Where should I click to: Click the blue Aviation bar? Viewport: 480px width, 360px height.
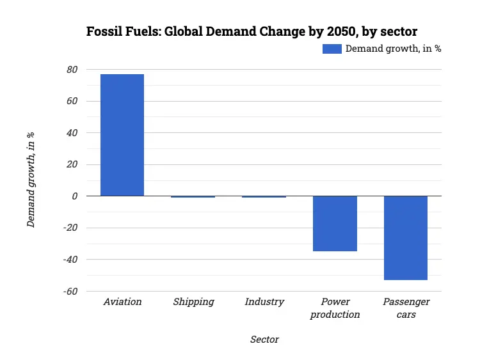[x=122, y=135]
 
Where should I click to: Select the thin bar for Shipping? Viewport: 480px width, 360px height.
[x=193, y=197]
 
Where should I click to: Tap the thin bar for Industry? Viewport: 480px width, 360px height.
[x=264, y=197]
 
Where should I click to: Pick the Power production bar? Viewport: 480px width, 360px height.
[x=335, y=223]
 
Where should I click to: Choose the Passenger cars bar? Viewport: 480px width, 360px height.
[x=406, y=238]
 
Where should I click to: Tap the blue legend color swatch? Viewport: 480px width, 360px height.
[x=332, y=49]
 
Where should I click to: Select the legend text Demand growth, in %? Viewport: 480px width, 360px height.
[x=393, y=49]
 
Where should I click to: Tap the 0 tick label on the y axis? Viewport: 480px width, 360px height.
[x=74, y=196]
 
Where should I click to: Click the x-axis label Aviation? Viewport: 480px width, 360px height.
[x=122, y=302]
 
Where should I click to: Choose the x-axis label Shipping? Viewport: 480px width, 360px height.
[x=193, y=302]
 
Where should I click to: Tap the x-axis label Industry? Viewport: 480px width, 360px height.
[x=264, y=302]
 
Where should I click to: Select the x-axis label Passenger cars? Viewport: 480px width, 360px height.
[x=406, y=308]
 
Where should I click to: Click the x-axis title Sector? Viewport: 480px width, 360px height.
[x=264, y=340]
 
